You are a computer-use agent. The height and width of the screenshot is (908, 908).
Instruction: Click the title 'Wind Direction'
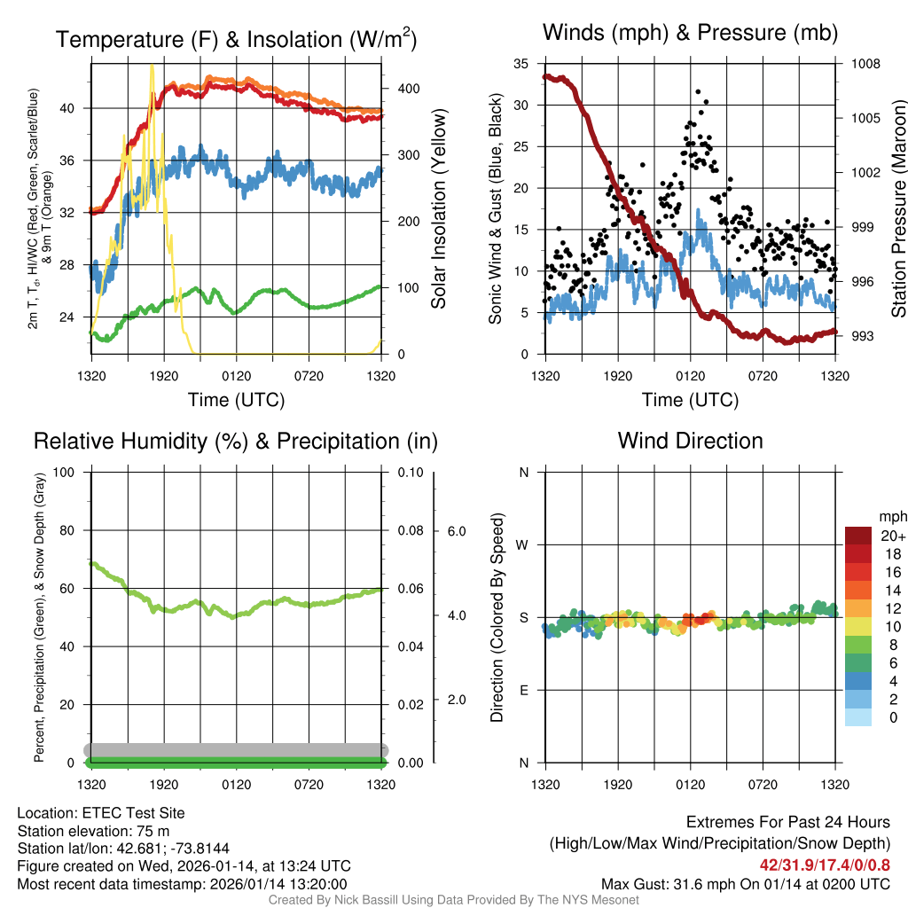690,441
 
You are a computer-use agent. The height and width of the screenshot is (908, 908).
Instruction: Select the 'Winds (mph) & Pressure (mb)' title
690,34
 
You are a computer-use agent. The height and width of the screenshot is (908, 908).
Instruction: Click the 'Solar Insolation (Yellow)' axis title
439,209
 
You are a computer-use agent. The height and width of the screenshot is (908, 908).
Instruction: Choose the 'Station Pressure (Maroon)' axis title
897,209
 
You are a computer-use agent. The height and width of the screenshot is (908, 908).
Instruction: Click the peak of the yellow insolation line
152,66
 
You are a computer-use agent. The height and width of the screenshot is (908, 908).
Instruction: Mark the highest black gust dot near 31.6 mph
699,91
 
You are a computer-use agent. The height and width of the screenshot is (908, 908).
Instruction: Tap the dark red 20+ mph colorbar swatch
858,536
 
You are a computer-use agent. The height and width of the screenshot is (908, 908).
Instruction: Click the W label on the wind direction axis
524,545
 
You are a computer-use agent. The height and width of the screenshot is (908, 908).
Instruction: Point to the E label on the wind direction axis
524,690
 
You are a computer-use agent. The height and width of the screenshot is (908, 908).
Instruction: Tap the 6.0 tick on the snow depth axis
455,531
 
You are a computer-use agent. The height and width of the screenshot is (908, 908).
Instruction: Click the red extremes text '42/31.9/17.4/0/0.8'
826,864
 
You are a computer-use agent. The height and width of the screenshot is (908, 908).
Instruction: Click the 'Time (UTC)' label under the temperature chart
236,400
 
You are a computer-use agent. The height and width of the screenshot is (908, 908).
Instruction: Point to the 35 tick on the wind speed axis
521,64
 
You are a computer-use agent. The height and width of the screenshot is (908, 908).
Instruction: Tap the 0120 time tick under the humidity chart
236,785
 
